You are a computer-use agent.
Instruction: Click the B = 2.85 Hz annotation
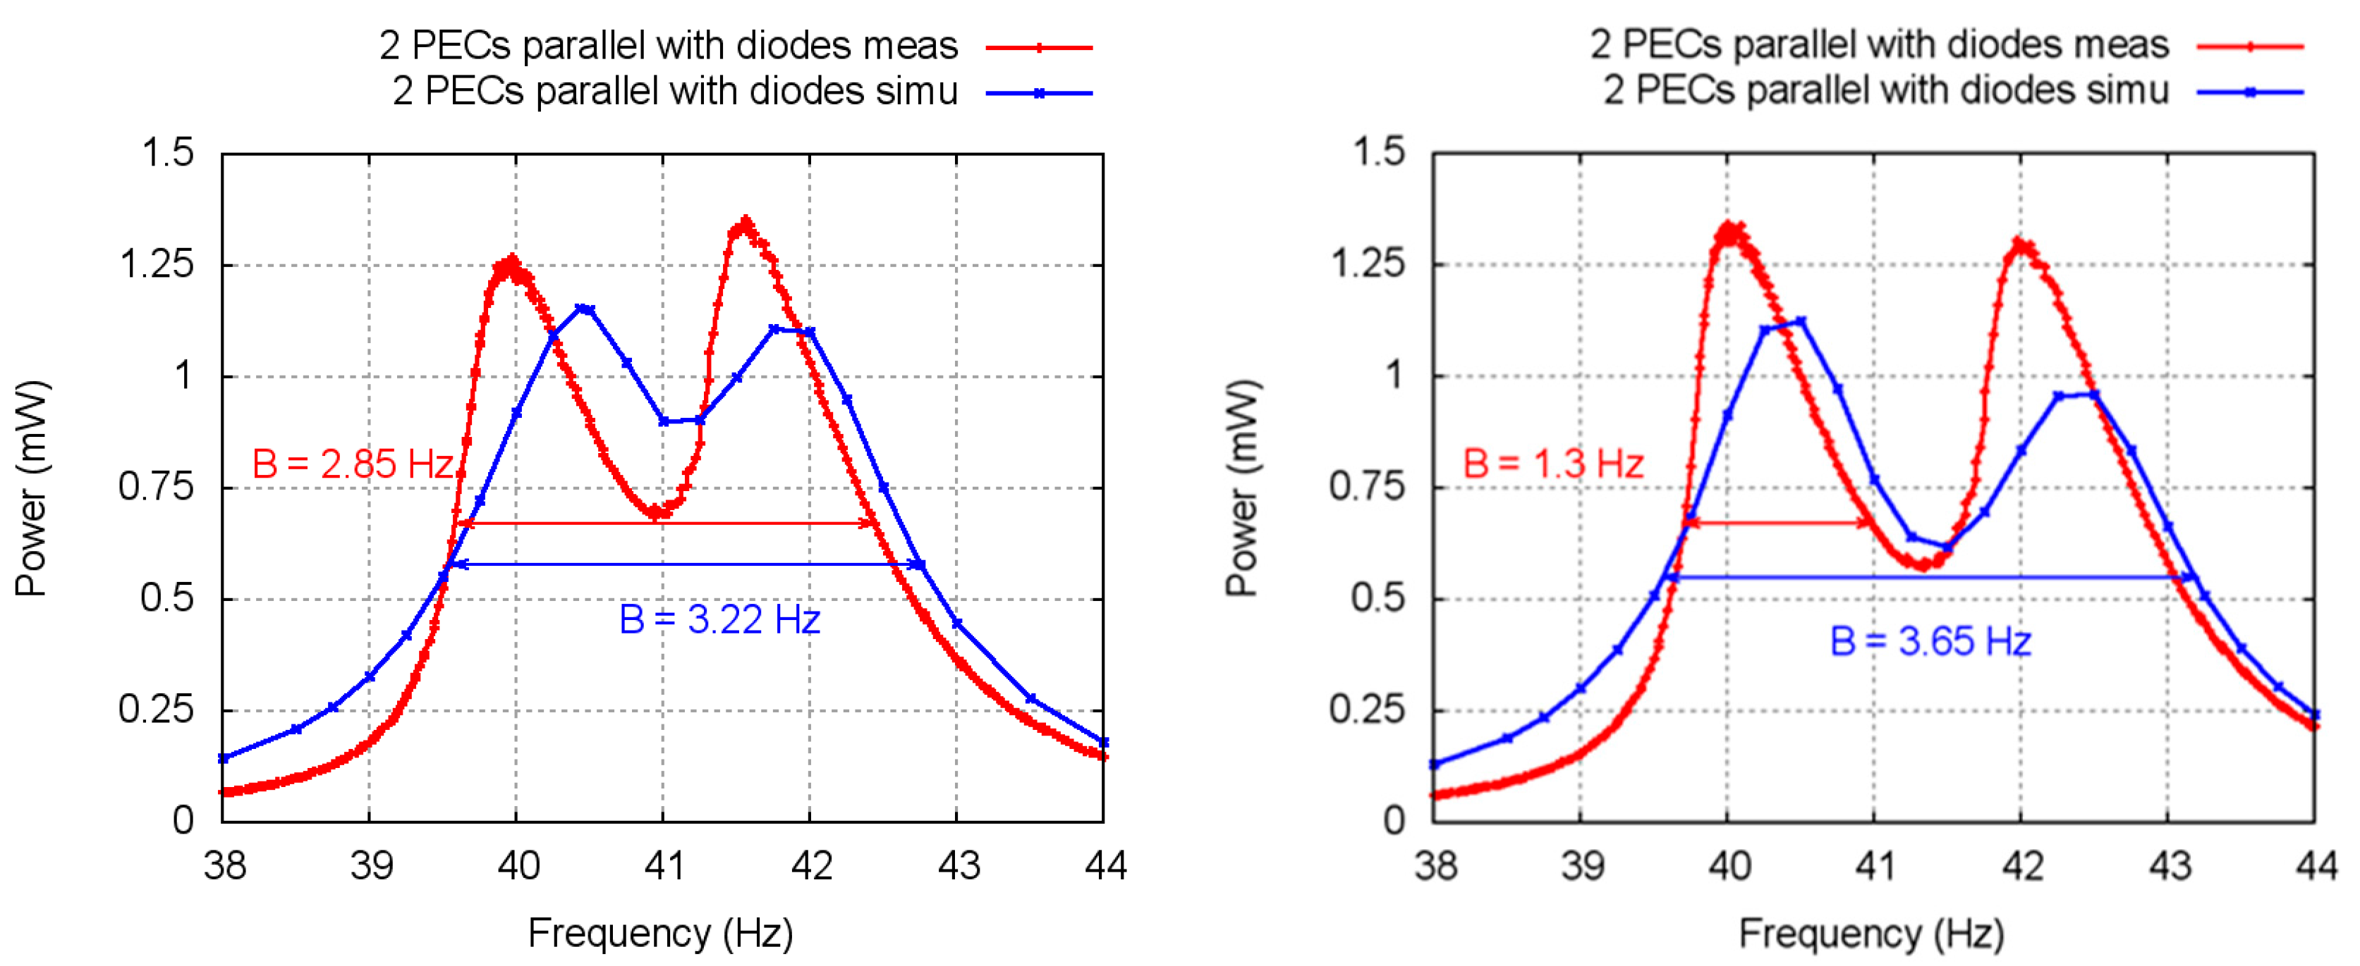click(353, 464)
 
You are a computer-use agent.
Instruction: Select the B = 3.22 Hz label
click(719, 620)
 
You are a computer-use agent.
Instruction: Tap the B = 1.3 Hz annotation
click(1553, 464)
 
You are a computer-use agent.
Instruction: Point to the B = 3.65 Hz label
click(1930, 641)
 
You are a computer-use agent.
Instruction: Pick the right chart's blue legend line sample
click(2249, 92)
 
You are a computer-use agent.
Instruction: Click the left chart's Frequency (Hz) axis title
click(661, 933)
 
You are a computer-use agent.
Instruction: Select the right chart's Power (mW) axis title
click(1241, 488)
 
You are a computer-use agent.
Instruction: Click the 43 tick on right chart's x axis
click(2169, 865)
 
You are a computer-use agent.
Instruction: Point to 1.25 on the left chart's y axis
click(157, 266)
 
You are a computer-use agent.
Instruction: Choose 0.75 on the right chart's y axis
click(1367, 487)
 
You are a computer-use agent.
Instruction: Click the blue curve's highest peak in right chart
click(1801, 321)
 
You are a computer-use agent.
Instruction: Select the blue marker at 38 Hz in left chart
click(223, 758)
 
